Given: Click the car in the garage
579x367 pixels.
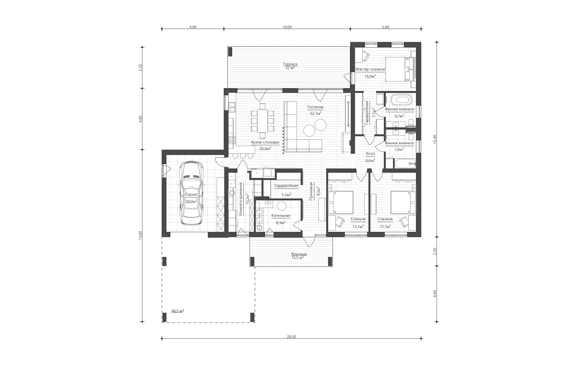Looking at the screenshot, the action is pyautogui.click(x=191, y=193).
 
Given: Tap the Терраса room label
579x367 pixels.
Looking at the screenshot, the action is pyautogui.click(x=290, y=64).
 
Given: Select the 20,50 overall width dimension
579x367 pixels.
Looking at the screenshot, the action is pyautogui.click(x=291, y=336).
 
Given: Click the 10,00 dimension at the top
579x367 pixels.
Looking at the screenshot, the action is pyautogui.click(x=287, y=27).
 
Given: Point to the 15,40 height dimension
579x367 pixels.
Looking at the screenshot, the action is pyautogui.click(x=435, y=139).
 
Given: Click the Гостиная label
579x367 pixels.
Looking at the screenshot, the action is pyautogui.click(x=315, y=107).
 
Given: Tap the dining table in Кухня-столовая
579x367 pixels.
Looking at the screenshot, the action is pyautogui.click(x=262, y=121).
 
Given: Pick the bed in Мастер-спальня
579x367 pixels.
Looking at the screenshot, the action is pyautogui.click(x=400, y=69).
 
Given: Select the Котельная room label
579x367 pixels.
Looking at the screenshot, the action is pyautogui.click(x=281, y=215).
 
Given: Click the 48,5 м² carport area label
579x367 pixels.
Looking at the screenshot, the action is pyautogui.click(x=177, y=311).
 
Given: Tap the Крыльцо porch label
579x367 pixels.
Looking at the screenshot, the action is pyautogui.click(x=299, y=254).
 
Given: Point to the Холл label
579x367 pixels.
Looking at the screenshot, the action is pyautogui.click(x=370, y=153).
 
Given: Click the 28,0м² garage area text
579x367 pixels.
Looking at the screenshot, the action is pyautogui.click(x=191, y=201).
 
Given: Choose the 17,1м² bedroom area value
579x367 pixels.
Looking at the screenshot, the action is pyautogui.click(x=385, y=226).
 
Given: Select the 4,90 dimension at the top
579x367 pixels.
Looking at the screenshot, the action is pyautogui.click(x=193, y=27).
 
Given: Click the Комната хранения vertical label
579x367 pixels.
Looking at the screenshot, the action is pyautogui.click(x=241, y=199).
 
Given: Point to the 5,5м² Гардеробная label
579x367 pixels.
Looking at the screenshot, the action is pyautogui.click(x=286, y=195).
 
